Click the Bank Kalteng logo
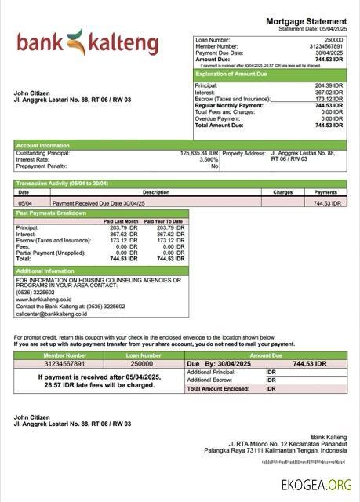coord(87,42)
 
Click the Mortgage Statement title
coord(306,21)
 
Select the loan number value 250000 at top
coord(333,39)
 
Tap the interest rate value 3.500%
coord(209,159)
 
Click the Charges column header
coord(282,192)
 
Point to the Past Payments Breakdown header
coord(52,213)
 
